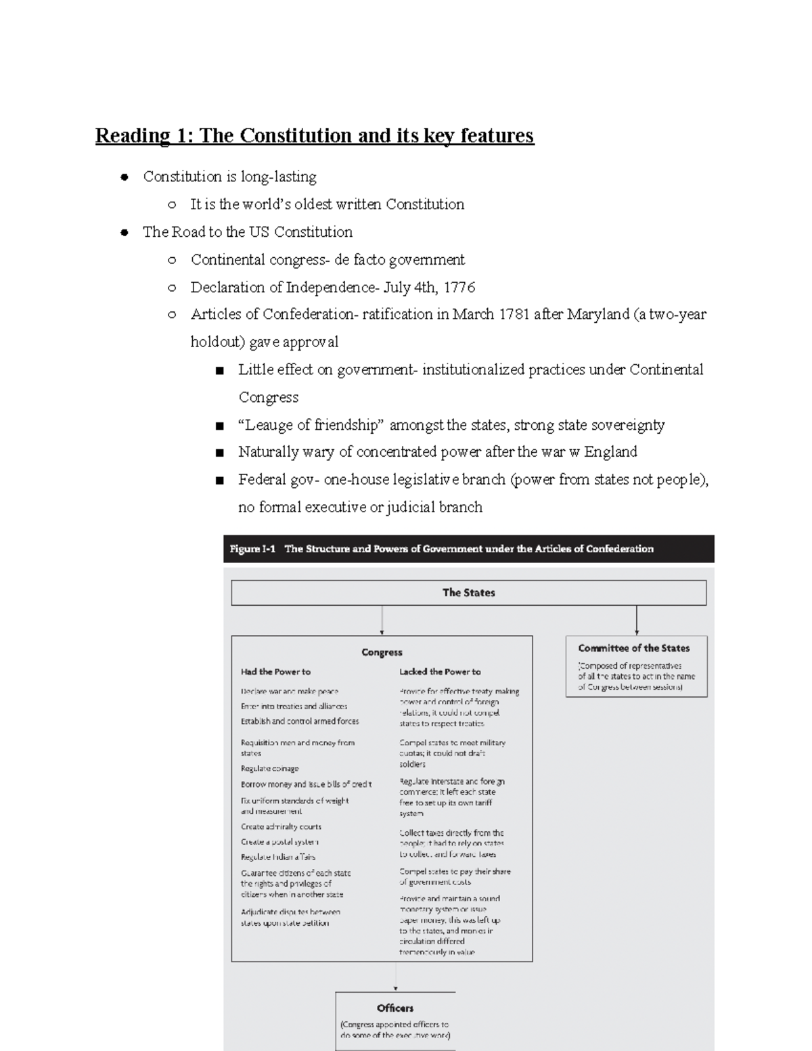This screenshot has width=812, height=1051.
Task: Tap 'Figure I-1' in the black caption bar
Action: (252, 549)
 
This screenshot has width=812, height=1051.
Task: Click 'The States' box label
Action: (468, 593)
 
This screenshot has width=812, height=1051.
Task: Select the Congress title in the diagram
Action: (382, 652)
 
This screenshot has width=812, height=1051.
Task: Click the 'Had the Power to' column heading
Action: (275, 672)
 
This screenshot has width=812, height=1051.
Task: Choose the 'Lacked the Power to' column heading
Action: (440, 672)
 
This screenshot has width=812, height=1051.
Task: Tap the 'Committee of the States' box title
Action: (633, 648)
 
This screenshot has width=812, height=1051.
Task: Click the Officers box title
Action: (395, 1008)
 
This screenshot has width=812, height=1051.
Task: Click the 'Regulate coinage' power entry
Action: (269, 769)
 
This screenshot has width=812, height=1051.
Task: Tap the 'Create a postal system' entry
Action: (279, 843)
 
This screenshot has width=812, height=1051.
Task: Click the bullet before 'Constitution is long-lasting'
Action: (124, 178)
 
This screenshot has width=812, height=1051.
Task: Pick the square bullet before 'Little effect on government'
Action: (219, 371)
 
